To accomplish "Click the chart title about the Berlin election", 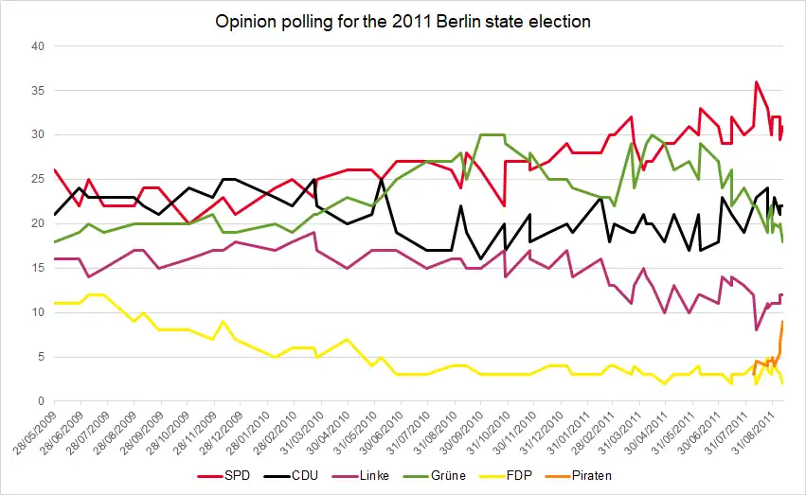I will tap(403, 22).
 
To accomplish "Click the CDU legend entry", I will tap(306, 472).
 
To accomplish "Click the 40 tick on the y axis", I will tap(36, 46).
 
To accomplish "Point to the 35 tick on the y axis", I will tap(36, 91).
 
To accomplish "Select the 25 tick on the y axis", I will tap(36, 179).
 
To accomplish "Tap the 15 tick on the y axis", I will tap(36, 268).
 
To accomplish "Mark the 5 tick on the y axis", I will tap(39, 357).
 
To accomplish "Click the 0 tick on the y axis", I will tap(39, 401).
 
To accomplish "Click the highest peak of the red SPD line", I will tap(756, 82).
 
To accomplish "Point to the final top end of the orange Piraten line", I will tap(782, 322).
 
